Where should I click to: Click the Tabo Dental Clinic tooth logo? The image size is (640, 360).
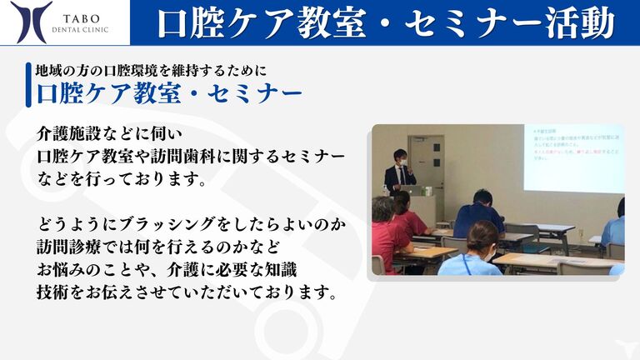pyautogui.click(x=31, y=22)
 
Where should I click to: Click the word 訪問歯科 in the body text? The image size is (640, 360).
pyautogui.click(x=202, y=157)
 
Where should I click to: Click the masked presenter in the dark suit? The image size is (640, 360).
pyautogui.click(x=401, y=170)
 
